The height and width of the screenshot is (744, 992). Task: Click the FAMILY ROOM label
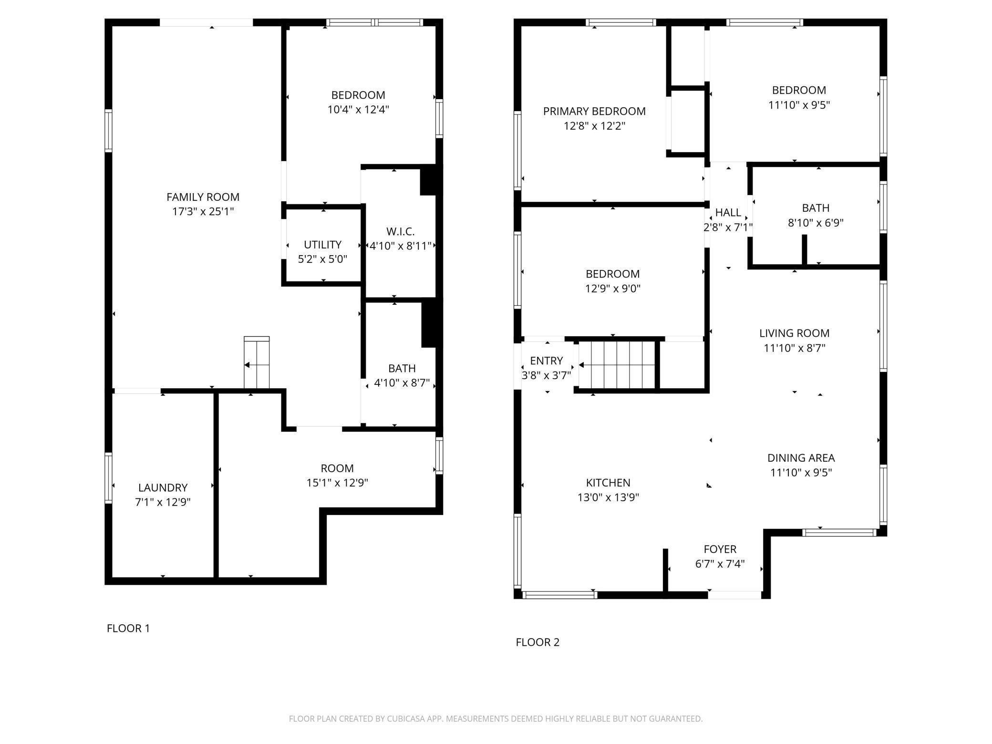click(203, 196)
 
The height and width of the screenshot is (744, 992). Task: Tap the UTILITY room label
click(322, 245)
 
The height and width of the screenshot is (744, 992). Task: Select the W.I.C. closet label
click(400, 231)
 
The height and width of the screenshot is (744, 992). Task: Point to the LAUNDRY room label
click(163, 487)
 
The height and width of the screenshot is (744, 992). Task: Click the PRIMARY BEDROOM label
click(594, 111)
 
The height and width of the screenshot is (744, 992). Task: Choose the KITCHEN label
click(608, 483)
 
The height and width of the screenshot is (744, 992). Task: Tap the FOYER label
click(720, 549)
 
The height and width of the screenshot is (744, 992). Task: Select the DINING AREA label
click(801, 458)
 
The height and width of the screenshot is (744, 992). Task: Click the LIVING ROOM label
click(794, 333)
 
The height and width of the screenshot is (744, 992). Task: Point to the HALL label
click(728, 212)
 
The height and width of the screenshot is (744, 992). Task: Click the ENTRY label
click(547, 361)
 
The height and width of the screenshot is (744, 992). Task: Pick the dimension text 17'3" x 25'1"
click(203, 211)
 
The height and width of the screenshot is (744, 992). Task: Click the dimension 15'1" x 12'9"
click(337, 483)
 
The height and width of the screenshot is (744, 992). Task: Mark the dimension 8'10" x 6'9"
click(816, 223)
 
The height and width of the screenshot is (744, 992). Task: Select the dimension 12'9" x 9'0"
click(612, 289)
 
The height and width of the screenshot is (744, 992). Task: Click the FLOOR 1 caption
click(128, 628)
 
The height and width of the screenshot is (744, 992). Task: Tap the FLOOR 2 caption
click(537, 642)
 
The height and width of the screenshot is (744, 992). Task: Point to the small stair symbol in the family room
click(257, 362)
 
